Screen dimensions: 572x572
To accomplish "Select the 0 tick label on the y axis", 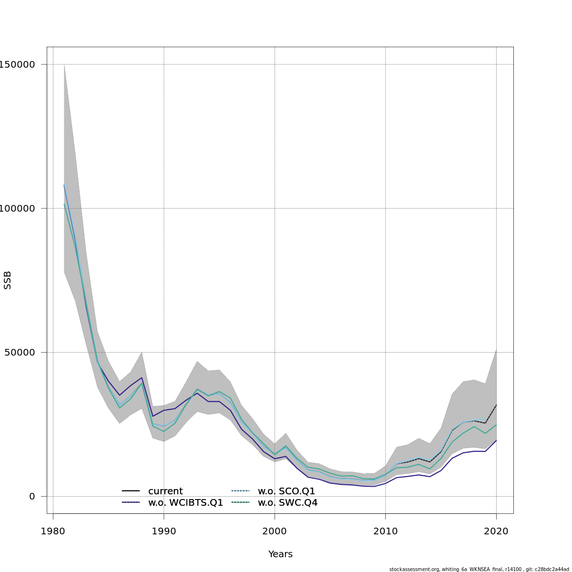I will pyautogui.click(x=32, y=496).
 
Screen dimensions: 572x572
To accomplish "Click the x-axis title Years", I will pyautogui.click(x=280, y=554).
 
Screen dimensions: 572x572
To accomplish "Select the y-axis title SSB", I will pyautogui.click(x=8, y=280).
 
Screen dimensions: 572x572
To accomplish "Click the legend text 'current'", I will pyautogui.click(x=165, y=491).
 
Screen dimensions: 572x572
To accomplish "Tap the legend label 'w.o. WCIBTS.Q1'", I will pyautogui.click(x=185, y=503).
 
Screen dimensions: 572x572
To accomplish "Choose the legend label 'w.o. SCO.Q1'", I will pyautogui.click(x=286, y=491).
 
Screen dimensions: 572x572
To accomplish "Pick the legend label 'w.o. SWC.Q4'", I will pyautogui.click(x=287, y=503).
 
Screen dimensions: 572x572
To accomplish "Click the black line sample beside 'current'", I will pyautogui.click(x=131, y=491).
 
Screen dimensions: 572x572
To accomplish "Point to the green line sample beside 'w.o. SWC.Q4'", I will pyautogui.click(x=240, y=502).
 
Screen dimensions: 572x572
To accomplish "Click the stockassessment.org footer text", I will pyautogui.click(x=479, y=569).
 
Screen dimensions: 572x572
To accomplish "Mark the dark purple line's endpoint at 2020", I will pyautogui.click(x=496, y=440).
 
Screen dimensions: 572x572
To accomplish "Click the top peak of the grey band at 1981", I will pyautogui.click(x=64, y=64).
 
